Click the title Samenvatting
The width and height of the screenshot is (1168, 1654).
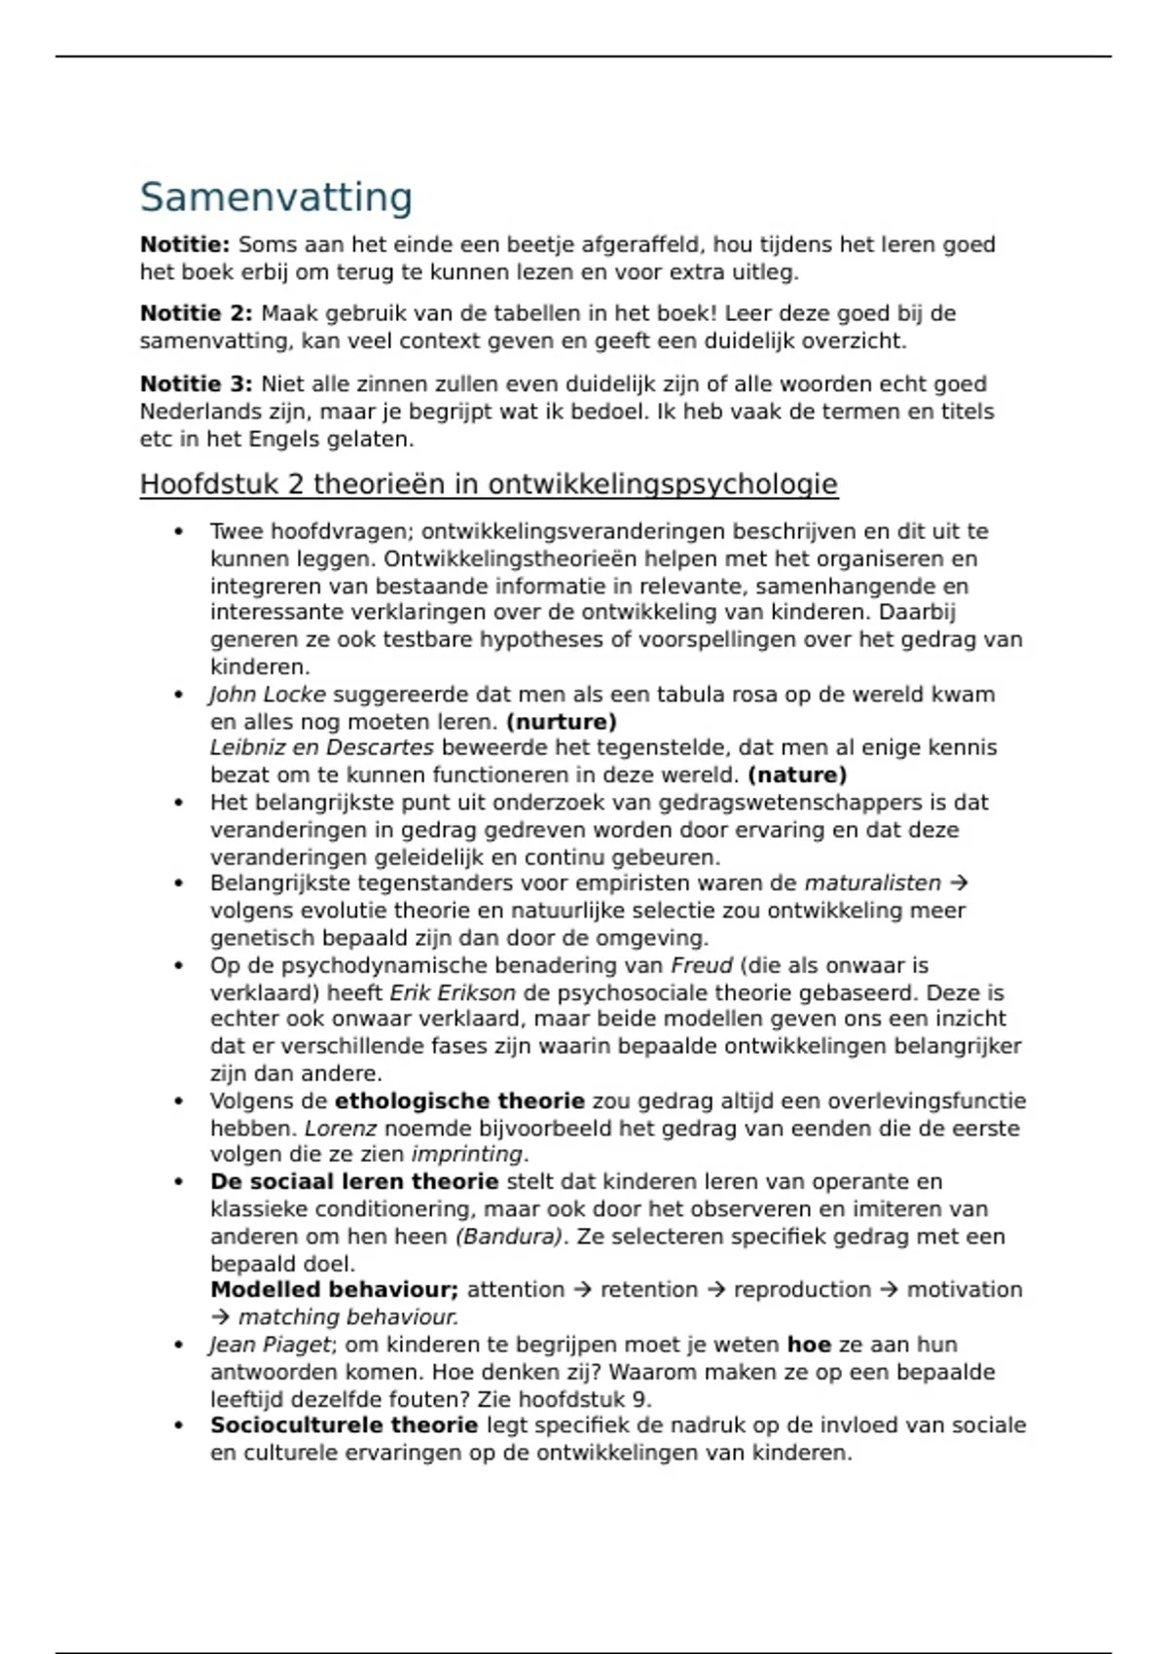point(276,198)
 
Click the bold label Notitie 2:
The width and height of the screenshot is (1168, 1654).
point(196,313)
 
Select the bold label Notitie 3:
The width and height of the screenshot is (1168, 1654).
point(196,384)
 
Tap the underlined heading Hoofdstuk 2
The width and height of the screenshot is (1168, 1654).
point(489,485)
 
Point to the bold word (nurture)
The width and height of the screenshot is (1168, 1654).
point(562,722)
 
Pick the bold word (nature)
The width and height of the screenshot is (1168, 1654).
point(797,775)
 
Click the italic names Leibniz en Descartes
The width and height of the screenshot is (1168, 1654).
point(321,748)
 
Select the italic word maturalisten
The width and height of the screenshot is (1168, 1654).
point(872,883)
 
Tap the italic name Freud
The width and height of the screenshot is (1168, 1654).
point(702,966)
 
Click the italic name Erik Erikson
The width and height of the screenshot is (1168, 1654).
point(453,993)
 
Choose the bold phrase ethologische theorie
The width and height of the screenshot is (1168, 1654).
point(459,1101)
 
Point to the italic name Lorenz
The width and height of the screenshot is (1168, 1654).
point(341,1129)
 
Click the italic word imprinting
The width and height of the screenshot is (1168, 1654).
point(467,1155)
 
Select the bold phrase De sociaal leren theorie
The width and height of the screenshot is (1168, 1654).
point(354,1182)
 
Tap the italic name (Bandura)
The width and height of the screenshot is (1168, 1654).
point(509,1237)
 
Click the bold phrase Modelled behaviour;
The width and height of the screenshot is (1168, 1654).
point(334,1290)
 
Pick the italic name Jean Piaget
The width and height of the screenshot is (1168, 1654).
point(270,1345)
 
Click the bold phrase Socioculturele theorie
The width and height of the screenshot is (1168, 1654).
point(344,1425)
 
